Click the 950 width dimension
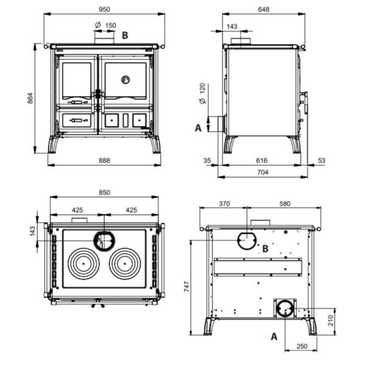pyautogui.click(x=104, y=10)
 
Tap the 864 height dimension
pyautogui.click(x=30, y=98)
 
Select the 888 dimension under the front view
pyautogui.click(x=104, y=161)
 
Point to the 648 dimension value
pyautogui.click(x=263, y=9)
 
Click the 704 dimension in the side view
pyautogui.click(x=263, y=172)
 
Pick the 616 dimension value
pyautogui.click(x=262, y=161)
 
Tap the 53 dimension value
pyautogui.click(x=321, y=161)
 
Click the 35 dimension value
pyautogui.click(x=207, y=161)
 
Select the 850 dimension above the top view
pyautogui.click(x=104, y=192)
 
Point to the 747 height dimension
pyautogui.click(x=187, y=287)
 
